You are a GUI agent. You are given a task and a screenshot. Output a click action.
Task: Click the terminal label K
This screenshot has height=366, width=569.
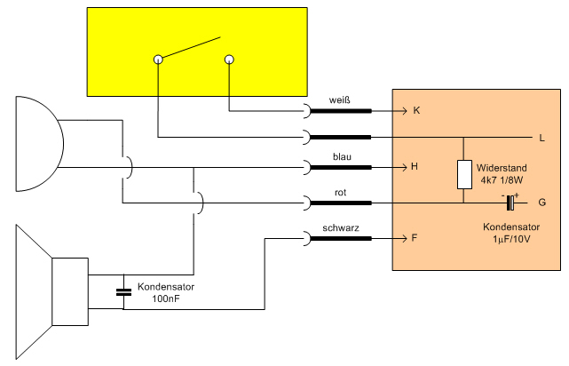(416, 110)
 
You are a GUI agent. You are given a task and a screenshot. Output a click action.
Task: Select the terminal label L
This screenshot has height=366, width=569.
(542, 138)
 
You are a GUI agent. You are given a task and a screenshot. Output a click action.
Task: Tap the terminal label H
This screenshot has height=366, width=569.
(415, 167)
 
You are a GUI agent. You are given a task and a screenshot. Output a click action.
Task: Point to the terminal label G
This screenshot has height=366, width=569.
(542, 203)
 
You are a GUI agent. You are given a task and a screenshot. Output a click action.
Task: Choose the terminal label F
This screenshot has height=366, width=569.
(415, 238)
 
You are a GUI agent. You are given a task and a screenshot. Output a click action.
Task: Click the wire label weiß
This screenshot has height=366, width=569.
(340, 99)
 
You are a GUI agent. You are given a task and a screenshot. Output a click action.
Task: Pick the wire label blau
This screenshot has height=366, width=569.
(342, 157)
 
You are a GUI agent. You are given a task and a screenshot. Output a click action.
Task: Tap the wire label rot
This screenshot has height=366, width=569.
(340, 193)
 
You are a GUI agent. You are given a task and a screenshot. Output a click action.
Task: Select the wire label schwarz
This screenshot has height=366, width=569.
(341, 228)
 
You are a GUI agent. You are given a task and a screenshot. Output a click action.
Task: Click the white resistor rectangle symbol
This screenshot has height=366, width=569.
(464, 174)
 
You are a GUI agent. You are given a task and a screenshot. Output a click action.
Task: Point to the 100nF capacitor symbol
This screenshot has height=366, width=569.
(123, 291)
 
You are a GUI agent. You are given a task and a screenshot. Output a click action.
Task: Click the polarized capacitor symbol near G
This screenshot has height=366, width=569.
(510, 203)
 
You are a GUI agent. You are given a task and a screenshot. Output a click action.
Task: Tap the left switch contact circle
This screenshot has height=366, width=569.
(158, 60)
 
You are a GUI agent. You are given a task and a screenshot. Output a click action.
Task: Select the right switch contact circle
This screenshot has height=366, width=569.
(229, 60)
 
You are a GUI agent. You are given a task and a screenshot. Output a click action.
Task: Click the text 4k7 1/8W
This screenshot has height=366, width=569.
(502, 180)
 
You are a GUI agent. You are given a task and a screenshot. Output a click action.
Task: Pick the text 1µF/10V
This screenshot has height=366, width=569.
(511, 239)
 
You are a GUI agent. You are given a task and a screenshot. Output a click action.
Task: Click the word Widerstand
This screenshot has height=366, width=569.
(502, 168)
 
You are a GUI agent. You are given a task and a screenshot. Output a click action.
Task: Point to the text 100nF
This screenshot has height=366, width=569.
(166, 298)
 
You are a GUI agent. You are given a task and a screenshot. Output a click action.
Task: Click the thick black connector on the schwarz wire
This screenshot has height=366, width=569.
(342, 239)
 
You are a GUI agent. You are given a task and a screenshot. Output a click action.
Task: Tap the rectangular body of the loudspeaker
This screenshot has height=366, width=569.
(70, 291)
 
